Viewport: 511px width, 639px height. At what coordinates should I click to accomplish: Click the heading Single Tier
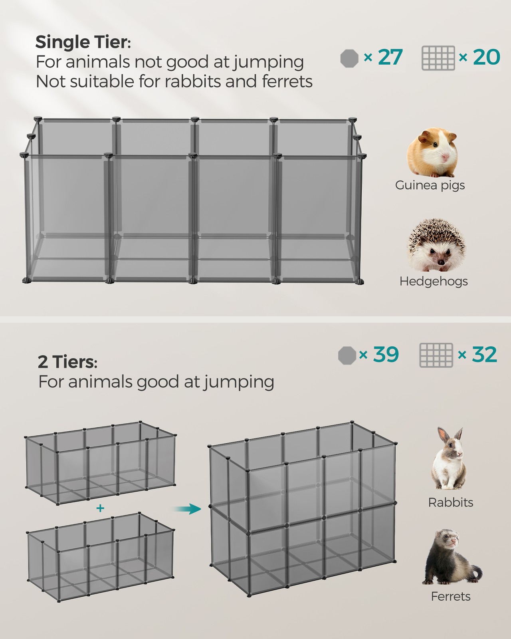pos(83,42)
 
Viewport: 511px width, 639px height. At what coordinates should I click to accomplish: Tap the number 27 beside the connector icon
pos(390,57)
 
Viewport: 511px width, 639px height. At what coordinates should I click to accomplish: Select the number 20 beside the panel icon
pos(486,57)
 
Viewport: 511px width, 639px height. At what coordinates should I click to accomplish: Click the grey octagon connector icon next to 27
pos(349,58)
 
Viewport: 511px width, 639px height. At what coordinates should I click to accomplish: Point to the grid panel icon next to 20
pos(438,58)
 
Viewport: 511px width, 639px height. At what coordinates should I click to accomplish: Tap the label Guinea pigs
pos(430,185)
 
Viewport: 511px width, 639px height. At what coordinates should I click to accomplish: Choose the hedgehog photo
pos(436,245)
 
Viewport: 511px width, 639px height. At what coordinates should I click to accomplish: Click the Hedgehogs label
pos(434,281)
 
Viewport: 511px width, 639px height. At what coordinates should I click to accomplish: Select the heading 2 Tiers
pos(67,362)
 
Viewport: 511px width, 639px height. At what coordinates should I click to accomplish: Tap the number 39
pos(386,354)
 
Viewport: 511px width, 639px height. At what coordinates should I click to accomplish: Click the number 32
pos(484,354)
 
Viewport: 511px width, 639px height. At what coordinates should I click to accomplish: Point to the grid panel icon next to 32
pos(436,355)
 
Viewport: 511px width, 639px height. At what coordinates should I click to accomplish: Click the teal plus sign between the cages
pos(100,508)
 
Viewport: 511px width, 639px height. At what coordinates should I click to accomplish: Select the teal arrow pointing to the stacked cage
pos(187,509)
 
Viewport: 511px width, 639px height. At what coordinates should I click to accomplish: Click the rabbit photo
pos(449,458)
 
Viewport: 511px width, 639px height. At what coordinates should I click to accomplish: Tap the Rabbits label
pos(451,502)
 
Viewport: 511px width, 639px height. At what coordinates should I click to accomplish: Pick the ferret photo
pos(452,558)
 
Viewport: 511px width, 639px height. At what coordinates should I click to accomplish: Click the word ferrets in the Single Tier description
pos(287,81)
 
